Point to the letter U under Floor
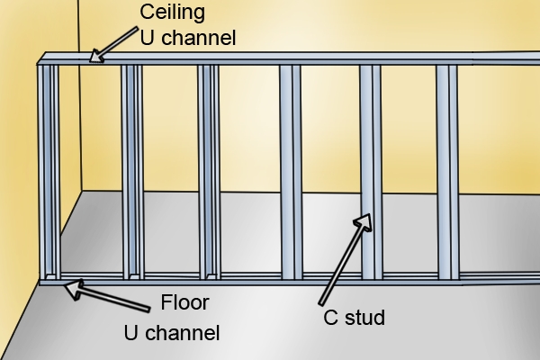tap(130, 334)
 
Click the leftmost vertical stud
tap(49, 171)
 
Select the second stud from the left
tap(132, 171)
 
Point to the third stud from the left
tap(210, 171)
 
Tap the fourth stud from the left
tap(291, 171)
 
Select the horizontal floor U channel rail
tap(270, 280)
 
